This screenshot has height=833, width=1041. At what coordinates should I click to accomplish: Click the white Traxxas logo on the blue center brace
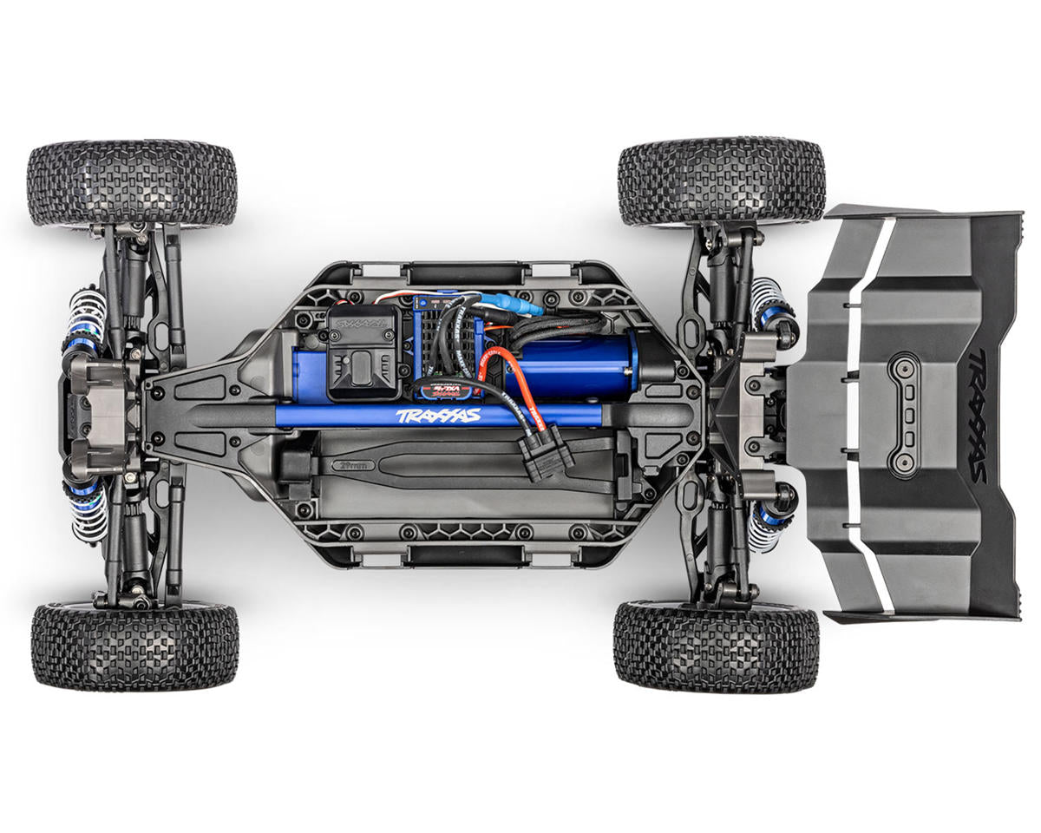pyautogui.click(x=438, y=416)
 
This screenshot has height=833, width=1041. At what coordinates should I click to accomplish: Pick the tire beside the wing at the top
pyautogui.click(x=721, y=180)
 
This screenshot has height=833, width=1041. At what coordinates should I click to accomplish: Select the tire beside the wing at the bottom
pyautogui.click(x=716, y=646)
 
